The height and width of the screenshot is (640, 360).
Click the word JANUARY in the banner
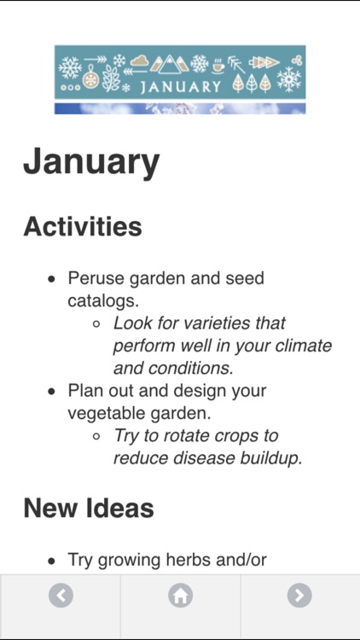180,86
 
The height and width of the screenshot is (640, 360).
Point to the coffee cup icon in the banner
219,64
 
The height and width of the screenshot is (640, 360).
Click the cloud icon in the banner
140,61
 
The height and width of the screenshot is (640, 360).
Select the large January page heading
91,161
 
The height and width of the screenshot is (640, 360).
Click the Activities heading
83,227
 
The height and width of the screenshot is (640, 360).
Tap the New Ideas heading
89,509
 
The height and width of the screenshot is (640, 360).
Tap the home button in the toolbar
180,595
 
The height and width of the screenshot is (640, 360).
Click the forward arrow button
299,595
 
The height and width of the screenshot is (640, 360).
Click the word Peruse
95,278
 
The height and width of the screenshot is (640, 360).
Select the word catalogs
103,301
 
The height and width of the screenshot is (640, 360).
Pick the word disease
192,458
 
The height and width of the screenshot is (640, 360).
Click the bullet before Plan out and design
52,392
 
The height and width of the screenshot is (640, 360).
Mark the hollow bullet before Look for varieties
96,324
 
